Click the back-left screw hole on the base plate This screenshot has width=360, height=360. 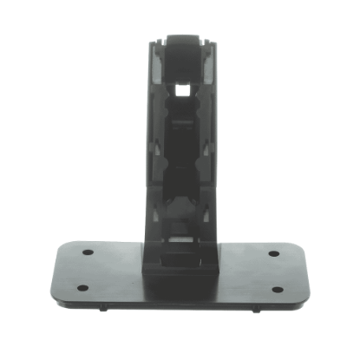coord(88,253)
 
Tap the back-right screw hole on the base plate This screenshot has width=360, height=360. coord(273,253)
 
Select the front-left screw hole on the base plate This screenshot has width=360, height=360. coord(82,288)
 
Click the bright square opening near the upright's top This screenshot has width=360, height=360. coord(181,88)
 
